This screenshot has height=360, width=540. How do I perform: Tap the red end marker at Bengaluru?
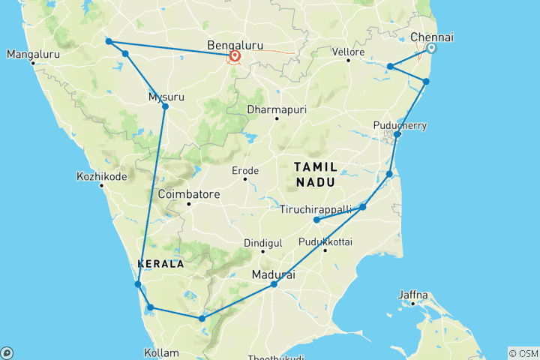(x=235, y=56)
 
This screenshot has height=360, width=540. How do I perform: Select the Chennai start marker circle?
(x=431, y=48)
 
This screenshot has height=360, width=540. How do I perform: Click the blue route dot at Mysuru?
(x=165, y=106)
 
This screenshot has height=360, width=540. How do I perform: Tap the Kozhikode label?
(x=101, y=177)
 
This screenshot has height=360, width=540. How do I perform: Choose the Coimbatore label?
(x=189, y=194)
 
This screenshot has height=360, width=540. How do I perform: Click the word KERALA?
(x=160, y=264)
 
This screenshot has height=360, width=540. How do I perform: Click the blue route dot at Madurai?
(x=274, y=284)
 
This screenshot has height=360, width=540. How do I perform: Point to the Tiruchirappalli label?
(x=315, y=208)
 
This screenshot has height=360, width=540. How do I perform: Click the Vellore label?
(x=349, y=52)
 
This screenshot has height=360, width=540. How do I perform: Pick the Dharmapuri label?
(x=276, y=110)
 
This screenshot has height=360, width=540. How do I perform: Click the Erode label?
(x=244, y=171)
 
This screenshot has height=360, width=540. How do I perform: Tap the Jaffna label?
(x=412, y=294)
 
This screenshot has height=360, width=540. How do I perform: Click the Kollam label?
(x=162, y=352)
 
